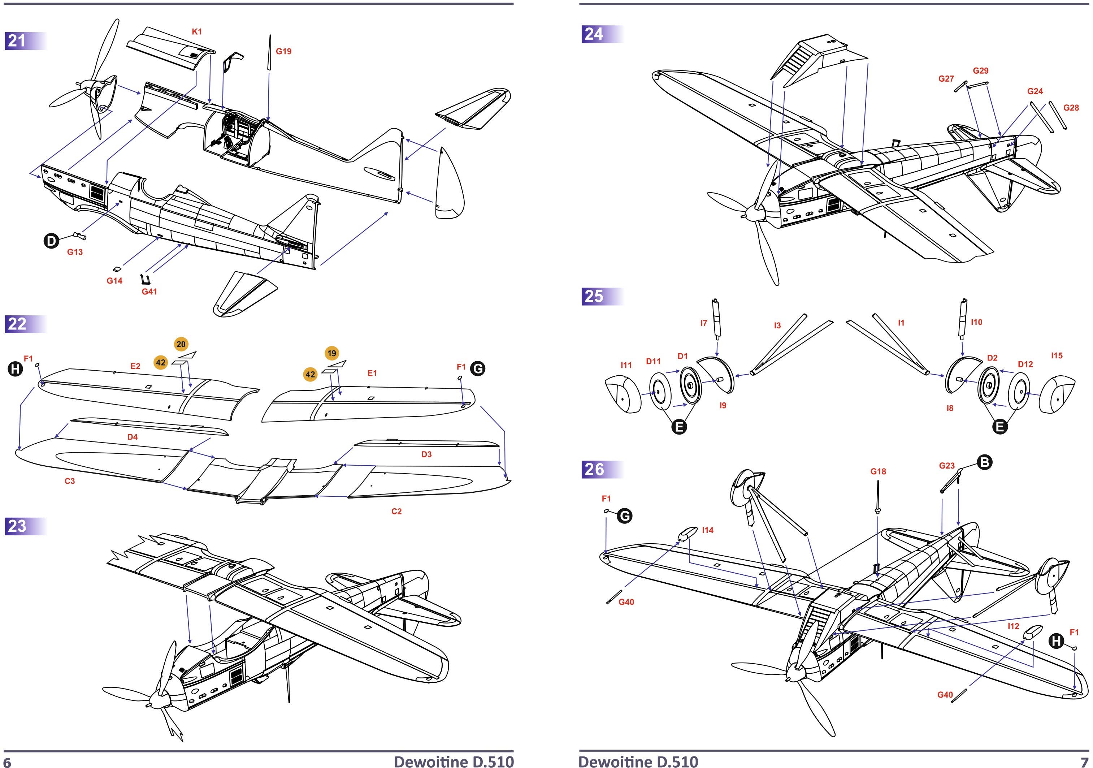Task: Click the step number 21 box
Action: coord(17,41)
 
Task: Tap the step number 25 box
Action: coord(594,297)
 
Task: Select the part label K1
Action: coord(196,31)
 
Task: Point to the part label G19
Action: coord(284,51)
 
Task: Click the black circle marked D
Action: coord(51,241)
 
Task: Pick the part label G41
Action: coord(149,292)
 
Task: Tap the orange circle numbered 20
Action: coord(181,344)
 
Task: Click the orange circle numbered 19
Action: coord(332,353)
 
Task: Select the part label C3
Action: coord(69,481)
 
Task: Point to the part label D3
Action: coord(426,454)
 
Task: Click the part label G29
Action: coord(981,70)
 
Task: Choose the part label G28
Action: coord(1071,108)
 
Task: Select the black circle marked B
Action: coord(984,462)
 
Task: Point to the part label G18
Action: coord(878,471)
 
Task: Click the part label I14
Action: coord(708,530)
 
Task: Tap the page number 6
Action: coord(7,762)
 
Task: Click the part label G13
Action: coord(75,252)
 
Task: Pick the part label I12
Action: coord(1014,626)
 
